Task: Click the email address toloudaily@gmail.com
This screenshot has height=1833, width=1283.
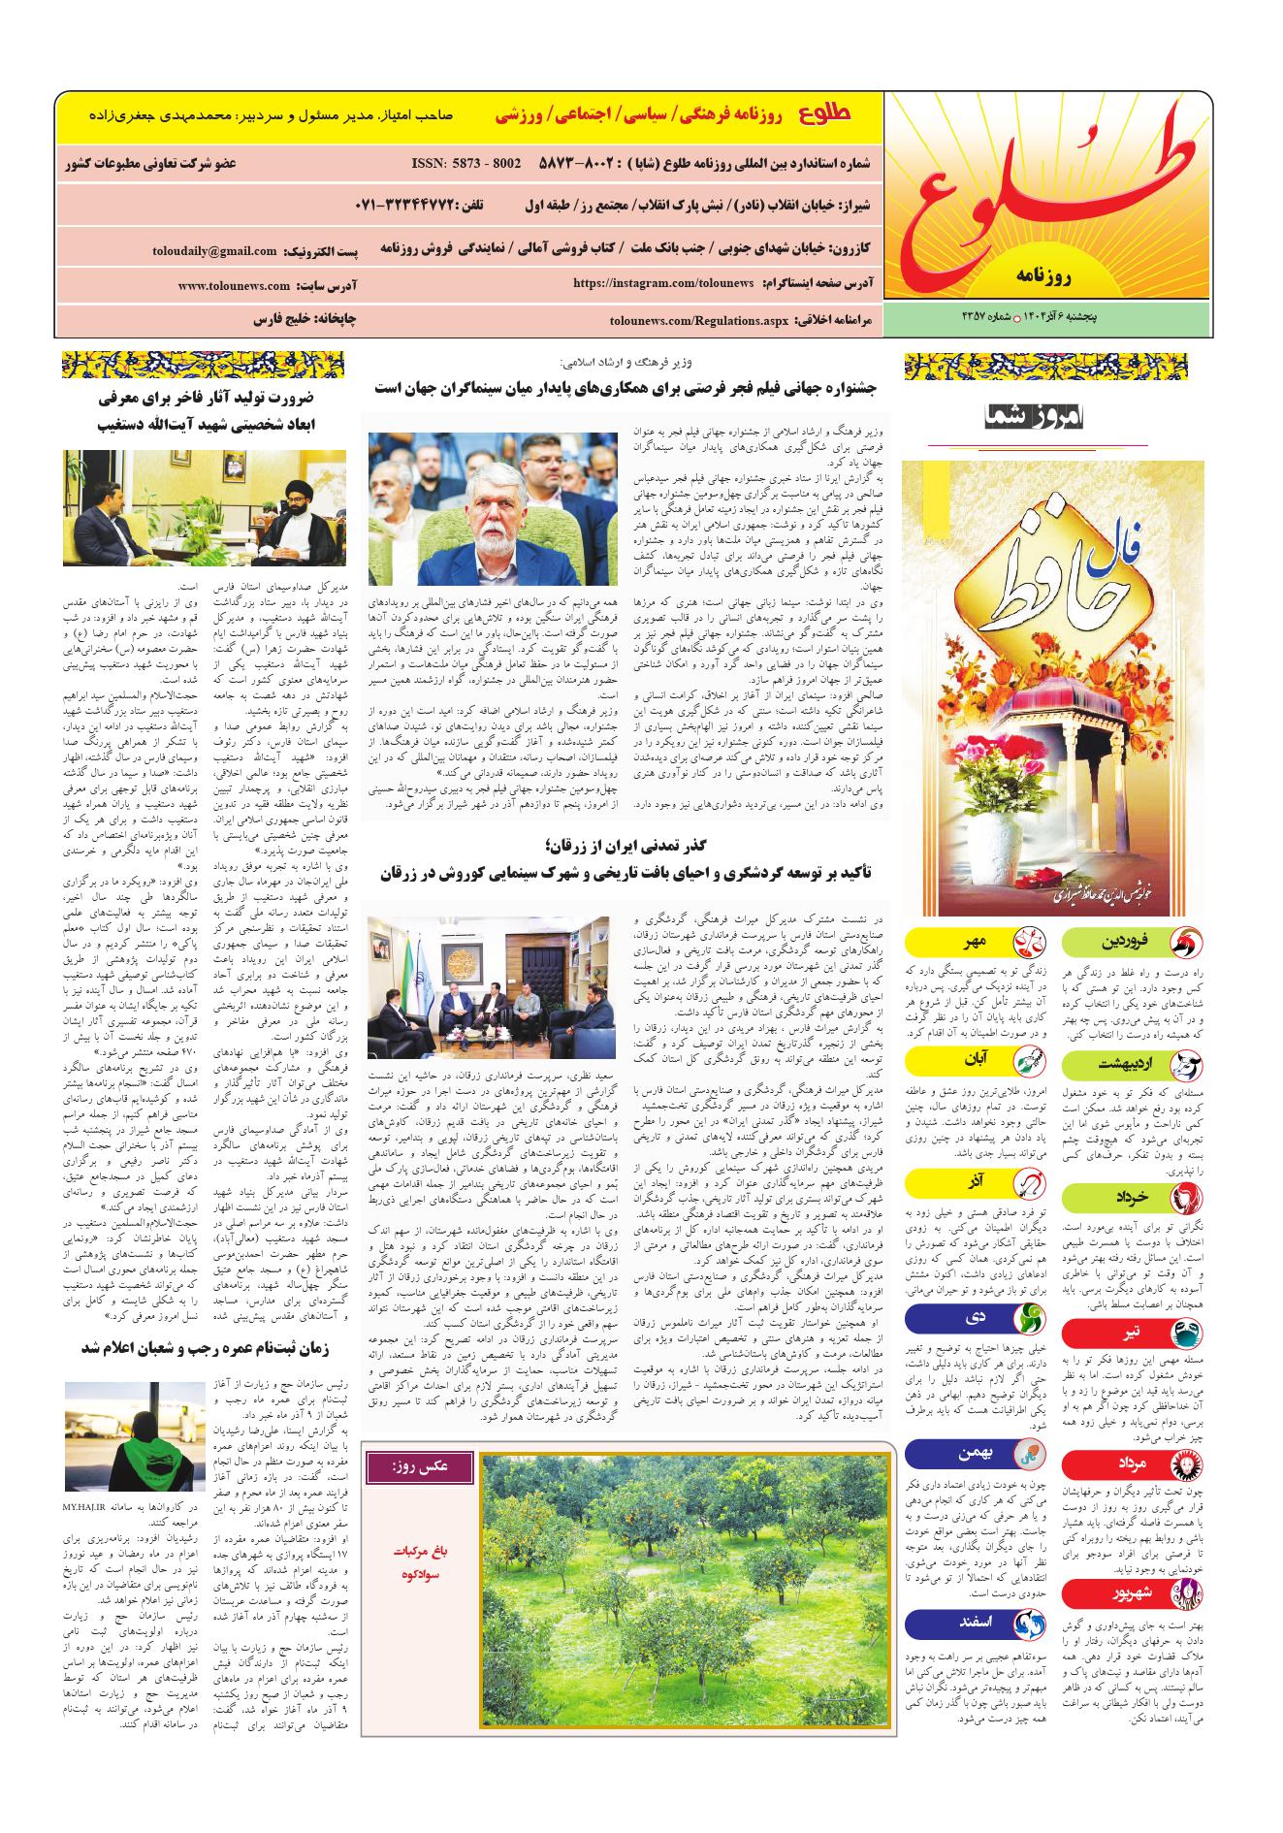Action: coord(214,251)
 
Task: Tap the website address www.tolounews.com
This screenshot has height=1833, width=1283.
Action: coord(234,286)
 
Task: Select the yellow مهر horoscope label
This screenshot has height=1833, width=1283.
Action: coord(975,941)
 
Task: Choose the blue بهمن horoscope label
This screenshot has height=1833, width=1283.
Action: coord(975,1453)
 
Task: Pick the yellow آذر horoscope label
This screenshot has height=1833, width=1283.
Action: coord(975,1183)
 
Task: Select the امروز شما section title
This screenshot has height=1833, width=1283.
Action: coord(1038,418)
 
